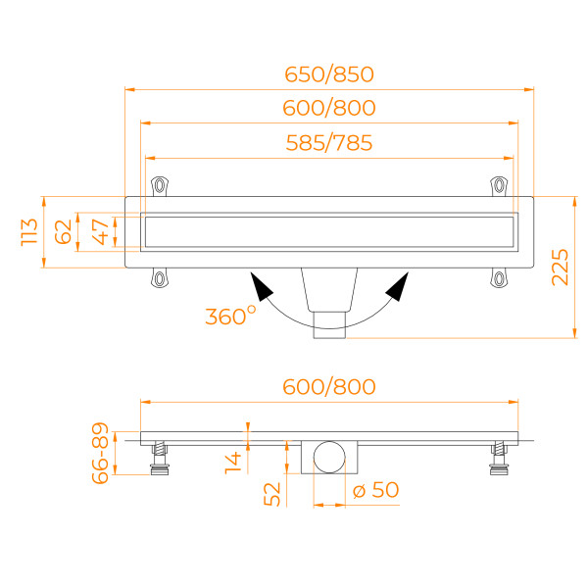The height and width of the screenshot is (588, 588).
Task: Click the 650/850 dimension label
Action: pyautogui.click(x=329, y=74)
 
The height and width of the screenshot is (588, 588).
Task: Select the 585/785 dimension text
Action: pyautogui.click(x=329, y=143)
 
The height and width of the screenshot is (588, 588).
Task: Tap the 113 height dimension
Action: pyautogui.click(x=29, y=232)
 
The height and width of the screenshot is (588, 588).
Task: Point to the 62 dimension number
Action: pyautogui.click(x=63, y=232)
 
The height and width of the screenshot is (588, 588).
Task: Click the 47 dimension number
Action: pyautogui.click(x=101, y=232)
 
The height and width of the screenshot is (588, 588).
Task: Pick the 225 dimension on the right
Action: pyautogui.click(x=560, y=268)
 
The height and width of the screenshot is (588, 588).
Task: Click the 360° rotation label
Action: pyautogui.click(x=230, y=316)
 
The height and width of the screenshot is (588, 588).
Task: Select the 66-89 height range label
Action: pyautogui.click(x=100, y=453)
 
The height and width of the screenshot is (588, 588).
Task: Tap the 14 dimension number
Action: pyautogui.click(x=233, y=464)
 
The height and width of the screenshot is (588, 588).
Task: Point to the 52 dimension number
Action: pyautogui.click(x=272, y=495)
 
